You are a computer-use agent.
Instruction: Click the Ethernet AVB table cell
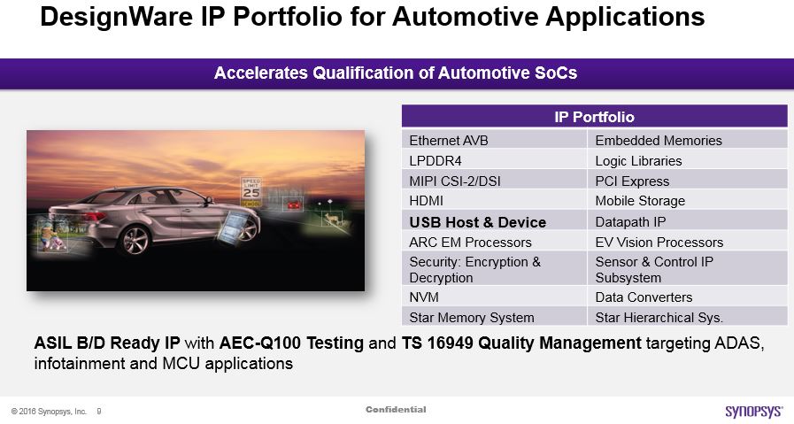494,140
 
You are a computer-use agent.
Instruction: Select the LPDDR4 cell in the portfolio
494,160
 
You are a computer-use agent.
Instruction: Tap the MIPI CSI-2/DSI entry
494,181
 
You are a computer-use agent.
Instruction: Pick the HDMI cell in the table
494,201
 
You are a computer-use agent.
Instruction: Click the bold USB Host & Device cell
494,221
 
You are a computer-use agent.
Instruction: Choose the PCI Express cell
687,181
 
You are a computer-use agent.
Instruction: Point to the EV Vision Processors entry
687,242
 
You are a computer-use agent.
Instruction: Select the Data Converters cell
687,297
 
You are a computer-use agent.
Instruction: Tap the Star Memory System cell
494,317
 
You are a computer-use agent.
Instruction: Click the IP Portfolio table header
595,117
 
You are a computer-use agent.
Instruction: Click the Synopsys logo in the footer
753,411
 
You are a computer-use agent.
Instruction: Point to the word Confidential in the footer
396,409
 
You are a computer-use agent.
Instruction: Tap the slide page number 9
99,412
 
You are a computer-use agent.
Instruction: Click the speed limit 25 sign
251,192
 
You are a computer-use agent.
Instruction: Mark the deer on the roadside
333,219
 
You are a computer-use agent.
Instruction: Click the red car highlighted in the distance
293,204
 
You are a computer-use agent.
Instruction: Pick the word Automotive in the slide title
464,16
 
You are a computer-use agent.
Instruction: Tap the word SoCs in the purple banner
556,73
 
